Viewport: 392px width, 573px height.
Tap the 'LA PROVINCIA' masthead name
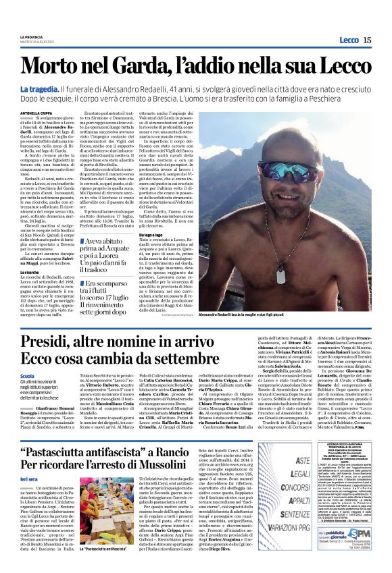pos(30,35)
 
